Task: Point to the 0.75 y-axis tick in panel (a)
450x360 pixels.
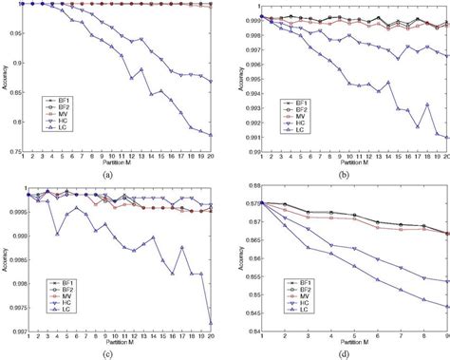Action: (14, 149)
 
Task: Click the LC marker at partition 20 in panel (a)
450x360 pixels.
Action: (210, 136)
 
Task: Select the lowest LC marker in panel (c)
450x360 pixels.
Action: (210, 323)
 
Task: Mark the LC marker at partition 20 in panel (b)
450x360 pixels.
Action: (445, 139)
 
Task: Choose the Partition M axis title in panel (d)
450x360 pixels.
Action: (345, 345)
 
